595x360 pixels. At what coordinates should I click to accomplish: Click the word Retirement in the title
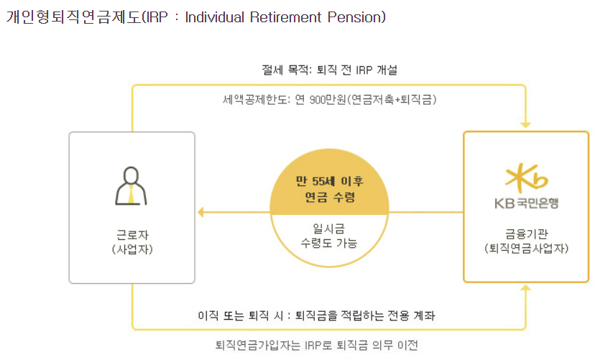pyautogui.click(x=286, y=17)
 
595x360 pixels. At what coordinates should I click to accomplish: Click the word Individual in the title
pyautogui.click(x=214, y=17)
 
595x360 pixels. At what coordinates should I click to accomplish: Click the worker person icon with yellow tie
pyautogui.click(x=131, y=186)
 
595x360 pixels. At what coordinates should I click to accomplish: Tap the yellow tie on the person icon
pyautogui.click(x=131, y=194)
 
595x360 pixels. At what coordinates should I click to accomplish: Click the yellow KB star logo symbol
pyautogui.click(x=526, y=177)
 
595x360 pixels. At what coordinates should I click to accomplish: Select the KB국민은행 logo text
pyautogui.click(x=526, y=203)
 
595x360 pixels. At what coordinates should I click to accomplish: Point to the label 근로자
pyautogui.click(x=132, y=235)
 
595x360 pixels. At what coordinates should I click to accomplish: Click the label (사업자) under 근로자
pyautogui.click(x=132, y=249)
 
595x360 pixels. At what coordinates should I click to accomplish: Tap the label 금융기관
pyautogui.click(x=526, y=234)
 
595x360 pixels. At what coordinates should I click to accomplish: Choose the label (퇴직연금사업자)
pyautogui.click(x=526, y=249)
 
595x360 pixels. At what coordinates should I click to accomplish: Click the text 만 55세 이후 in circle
pyautogui.click(x=329, y=181)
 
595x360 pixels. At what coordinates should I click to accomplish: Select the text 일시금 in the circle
pyautogui.click(x=328, y=229)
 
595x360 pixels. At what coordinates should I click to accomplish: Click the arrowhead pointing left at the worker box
pyautogui.click(x=201, y=212)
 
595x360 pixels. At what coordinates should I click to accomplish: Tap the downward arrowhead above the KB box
pyautogui.click(x=525, y=125)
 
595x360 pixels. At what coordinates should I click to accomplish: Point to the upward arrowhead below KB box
pyautogui.click(x=525, y=288)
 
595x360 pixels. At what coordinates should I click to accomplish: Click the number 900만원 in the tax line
pyautogui.click(x=328, y=100)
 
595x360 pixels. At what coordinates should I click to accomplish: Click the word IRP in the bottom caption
pyautogui.click(x=313, y=345)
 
